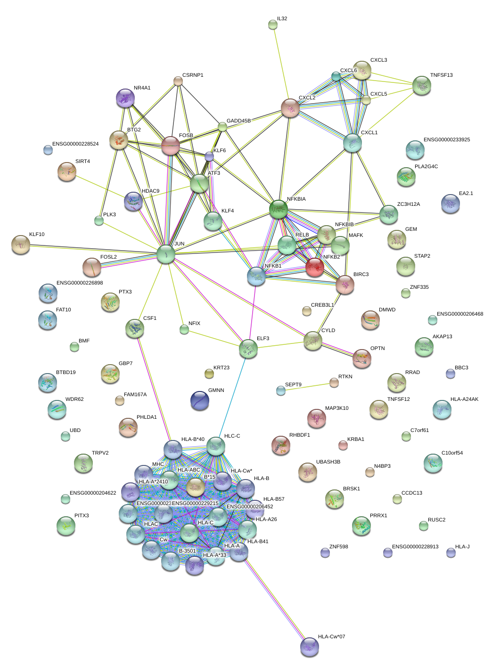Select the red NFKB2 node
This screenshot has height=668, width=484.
314,267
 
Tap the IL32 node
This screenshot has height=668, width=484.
273,24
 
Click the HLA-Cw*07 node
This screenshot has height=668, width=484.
309,647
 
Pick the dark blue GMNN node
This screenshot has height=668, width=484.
199,400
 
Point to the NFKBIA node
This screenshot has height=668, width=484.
279,209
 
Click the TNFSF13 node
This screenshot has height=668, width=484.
421,85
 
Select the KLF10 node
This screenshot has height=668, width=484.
20,244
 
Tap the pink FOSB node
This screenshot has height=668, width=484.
170,146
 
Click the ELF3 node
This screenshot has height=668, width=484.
248,349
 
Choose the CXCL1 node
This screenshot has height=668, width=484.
352,143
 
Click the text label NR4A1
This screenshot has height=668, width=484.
142,88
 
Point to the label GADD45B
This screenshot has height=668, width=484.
238,121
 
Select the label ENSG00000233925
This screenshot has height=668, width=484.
446,140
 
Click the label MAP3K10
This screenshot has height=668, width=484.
336,408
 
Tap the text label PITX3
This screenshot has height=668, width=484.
82,516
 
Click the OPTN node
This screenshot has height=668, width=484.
361,358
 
